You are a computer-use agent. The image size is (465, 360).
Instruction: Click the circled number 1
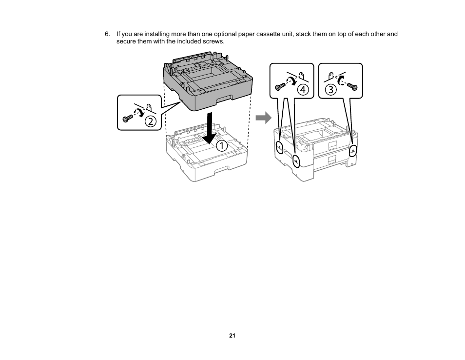pos(222,145)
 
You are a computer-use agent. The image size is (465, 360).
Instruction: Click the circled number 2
pos(151,121)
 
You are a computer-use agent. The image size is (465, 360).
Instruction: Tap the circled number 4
pos(303,90)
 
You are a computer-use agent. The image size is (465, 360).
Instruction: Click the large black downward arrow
pos(210,129)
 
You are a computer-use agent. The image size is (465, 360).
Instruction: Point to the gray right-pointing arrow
pos(264,118)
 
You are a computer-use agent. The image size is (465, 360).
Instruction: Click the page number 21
pos(232,336)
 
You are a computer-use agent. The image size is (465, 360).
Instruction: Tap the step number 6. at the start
pos(108,34)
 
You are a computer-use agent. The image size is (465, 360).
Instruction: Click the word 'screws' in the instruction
pos(214,41)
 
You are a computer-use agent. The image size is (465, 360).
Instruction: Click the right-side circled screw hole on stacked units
pos(353,150)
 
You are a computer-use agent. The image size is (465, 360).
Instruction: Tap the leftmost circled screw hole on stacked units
pos(279,147)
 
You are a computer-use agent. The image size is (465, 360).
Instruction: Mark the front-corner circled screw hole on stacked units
pos(296,161)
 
